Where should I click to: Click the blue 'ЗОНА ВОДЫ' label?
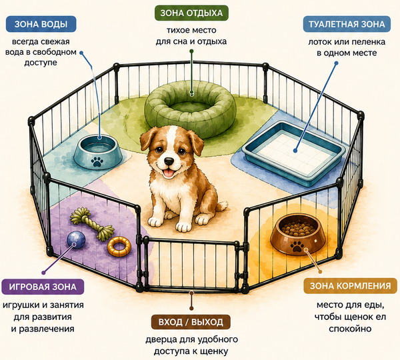coord(41,24)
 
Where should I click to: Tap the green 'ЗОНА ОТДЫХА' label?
coord(191,13)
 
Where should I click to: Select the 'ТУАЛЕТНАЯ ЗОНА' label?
coord(347,24)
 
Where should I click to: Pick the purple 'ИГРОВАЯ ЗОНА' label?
coord(43,287)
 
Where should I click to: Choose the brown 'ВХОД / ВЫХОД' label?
coord(191,322)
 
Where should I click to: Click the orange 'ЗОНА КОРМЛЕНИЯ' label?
coord(350,286)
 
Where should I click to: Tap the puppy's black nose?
coord(169,161)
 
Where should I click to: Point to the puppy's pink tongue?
coord(168,174)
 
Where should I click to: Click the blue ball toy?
coord(76,241)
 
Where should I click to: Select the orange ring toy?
coord(119,247)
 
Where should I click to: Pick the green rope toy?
coord(93,223)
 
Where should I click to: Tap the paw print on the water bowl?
coord(97,161)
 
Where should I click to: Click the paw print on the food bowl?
coord(297,246)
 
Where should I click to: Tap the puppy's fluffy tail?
coord(221,205)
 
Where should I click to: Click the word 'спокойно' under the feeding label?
coord(350,329)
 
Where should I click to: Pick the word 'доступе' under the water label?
coord(41,63)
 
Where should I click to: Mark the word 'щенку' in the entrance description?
coord(213,351)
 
